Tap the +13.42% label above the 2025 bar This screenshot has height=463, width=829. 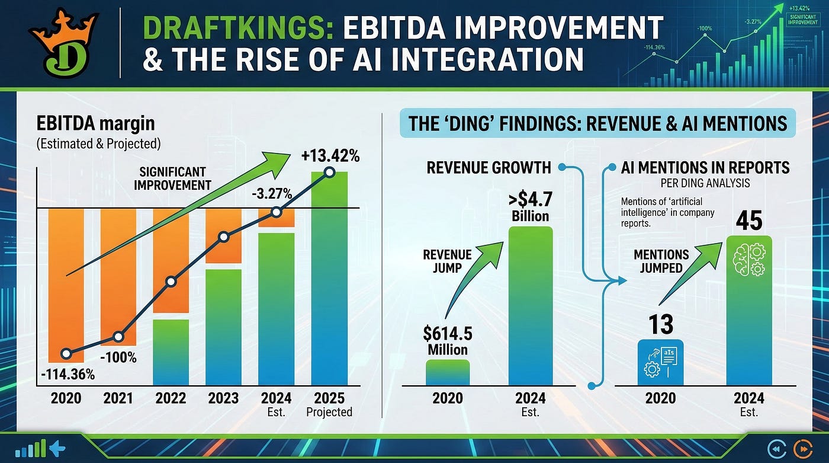[x=330, y=156]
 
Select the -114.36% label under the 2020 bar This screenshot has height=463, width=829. [x=68, y=375]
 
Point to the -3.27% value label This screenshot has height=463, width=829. [x=272, y=194]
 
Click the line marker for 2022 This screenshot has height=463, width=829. [x=171, y=282]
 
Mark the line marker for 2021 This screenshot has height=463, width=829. [x=118, y=337]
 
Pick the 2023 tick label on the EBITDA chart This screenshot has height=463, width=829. [x=224, y=398]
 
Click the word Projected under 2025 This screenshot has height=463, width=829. [x=329, y=412]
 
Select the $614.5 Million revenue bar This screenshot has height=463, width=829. [x=448, y=372]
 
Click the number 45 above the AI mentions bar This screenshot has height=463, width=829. [x=749, y=221]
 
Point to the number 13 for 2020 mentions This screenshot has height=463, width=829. [x=661, y=324]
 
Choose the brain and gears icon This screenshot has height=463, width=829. [x=750, y=261]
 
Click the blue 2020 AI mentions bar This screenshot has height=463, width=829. [x=661, y=362]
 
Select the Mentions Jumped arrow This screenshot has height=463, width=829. [x=690, y=273]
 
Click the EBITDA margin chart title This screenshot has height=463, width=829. [x=95, y=123]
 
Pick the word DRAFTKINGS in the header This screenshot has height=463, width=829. [x=238, y=27]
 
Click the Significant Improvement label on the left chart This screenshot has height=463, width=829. [x=172, y=178]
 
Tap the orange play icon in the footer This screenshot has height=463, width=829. [x=803, y=449]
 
